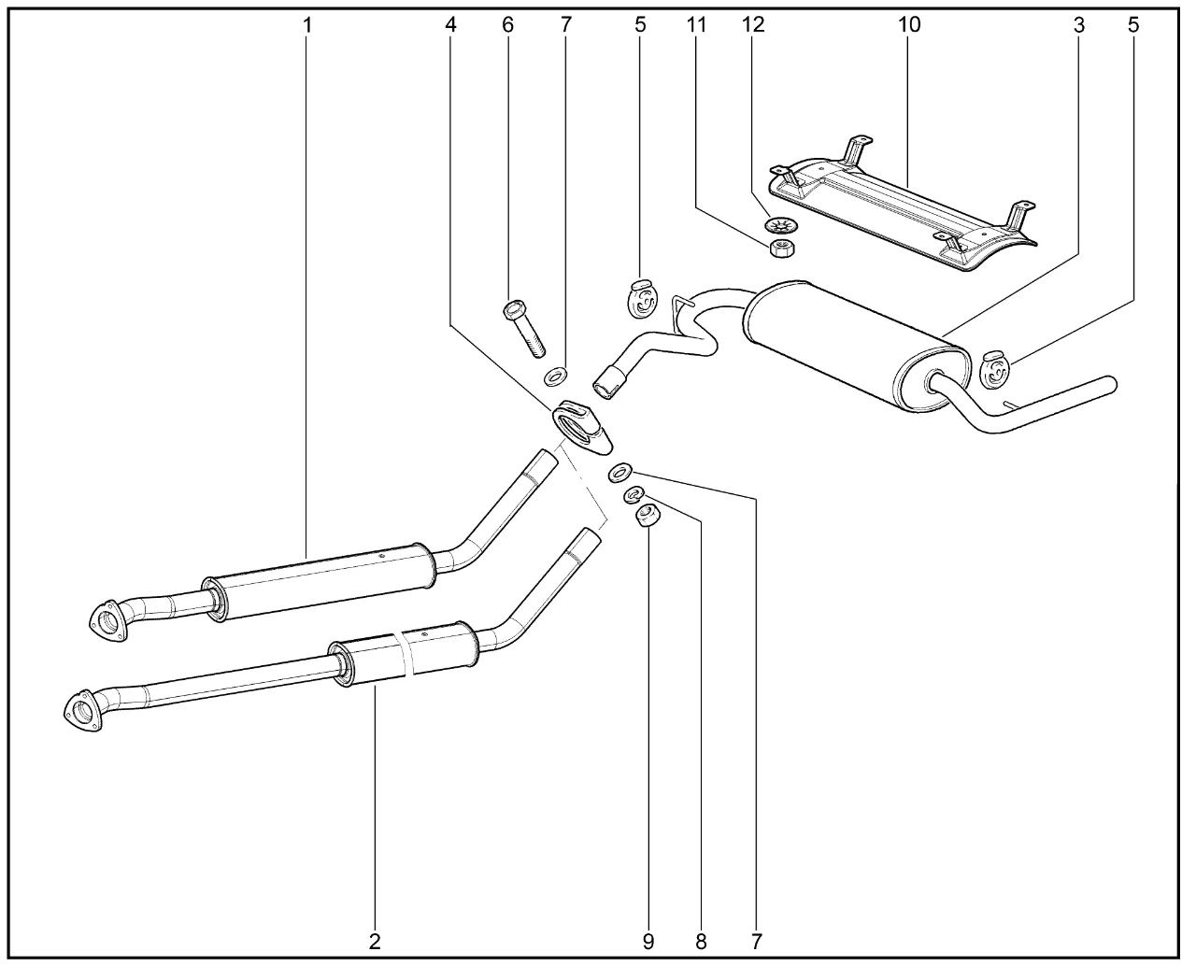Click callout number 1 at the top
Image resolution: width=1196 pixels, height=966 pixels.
[x=307, y=24]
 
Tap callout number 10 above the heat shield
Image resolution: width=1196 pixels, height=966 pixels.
[x=909, y=24]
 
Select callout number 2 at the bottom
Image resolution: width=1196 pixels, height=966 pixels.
[x=375, y=942]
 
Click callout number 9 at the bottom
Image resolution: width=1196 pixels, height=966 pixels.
[x=648, y=942]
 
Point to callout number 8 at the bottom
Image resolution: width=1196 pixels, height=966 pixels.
[x=701, y=942]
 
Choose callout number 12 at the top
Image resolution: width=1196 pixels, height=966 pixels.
[x=753, y=24]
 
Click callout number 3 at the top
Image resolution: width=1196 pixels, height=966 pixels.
[x=1078, y=24]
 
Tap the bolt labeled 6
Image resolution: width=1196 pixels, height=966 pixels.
[x=524, y=328]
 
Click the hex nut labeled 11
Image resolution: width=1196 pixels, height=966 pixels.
[x=782, y=249]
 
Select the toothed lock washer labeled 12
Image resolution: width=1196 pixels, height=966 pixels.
[x=782, y=226]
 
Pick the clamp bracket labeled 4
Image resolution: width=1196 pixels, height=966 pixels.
[x=582, y=428]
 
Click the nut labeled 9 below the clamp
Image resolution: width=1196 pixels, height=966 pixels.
[x=648, y=516]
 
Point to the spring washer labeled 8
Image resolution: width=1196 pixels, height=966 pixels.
[x=634, y=495]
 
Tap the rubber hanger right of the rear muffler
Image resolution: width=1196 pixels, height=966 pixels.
[x=994, y=370]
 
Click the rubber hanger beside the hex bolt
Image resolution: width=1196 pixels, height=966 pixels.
[x=643, y=299]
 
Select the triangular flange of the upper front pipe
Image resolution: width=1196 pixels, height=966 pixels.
[x=108, y=621]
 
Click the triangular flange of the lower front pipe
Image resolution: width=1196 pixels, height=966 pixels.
[x=84, y=711]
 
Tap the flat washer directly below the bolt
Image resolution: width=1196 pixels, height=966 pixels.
[x=555, y=376]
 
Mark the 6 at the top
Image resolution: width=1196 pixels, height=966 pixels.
[x=507, y=24]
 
